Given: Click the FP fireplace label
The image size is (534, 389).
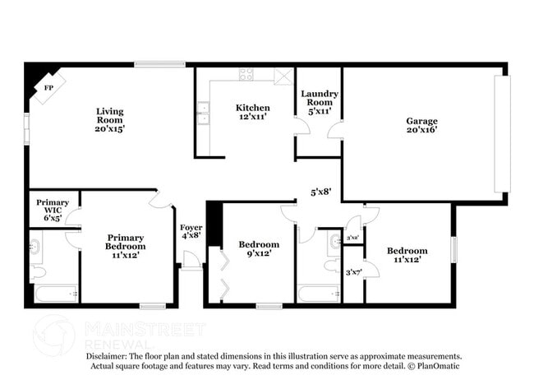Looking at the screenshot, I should pyautogui.click(x=48, y=87).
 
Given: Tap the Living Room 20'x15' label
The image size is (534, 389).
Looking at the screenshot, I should pyautogui.click(x=109, y=120).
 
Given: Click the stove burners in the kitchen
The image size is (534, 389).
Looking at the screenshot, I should pyautogui.click(x=246, y=74).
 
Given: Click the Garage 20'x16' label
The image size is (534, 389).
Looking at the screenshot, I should pyautogui.click(x=421, y=125).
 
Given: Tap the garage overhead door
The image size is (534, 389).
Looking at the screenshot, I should pyautogui.click(x=501, y=134).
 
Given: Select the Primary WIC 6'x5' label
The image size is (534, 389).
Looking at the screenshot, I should pyautogui.click(x=53, y=209).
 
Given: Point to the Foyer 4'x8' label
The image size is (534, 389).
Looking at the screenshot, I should pyautogui.click(x=191, y=233).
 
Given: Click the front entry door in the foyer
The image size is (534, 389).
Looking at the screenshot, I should pyautogui.click(x=191, y=262).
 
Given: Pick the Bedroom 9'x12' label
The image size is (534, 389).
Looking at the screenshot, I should pyautogui.click(x=259, y=248).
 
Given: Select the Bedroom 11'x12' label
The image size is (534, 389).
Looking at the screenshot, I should pyautogui.click(x=407, y=255).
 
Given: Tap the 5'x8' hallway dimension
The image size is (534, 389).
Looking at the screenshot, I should pyautogui.click(x=320, y=192).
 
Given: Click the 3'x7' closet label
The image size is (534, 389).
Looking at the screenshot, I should pyautogui.click(x=353, y=272).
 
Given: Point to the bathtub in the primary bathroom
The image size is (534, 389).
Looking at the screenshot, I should pyautogui.click(x=54, y=293).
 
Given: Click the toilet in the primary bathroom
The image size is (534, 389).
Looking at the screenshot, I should pyautogui.click(x=37, y=271).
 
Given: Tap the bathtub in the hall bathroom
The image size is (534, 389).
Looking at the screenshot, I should pyautogui.click(x=317, y=294).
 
